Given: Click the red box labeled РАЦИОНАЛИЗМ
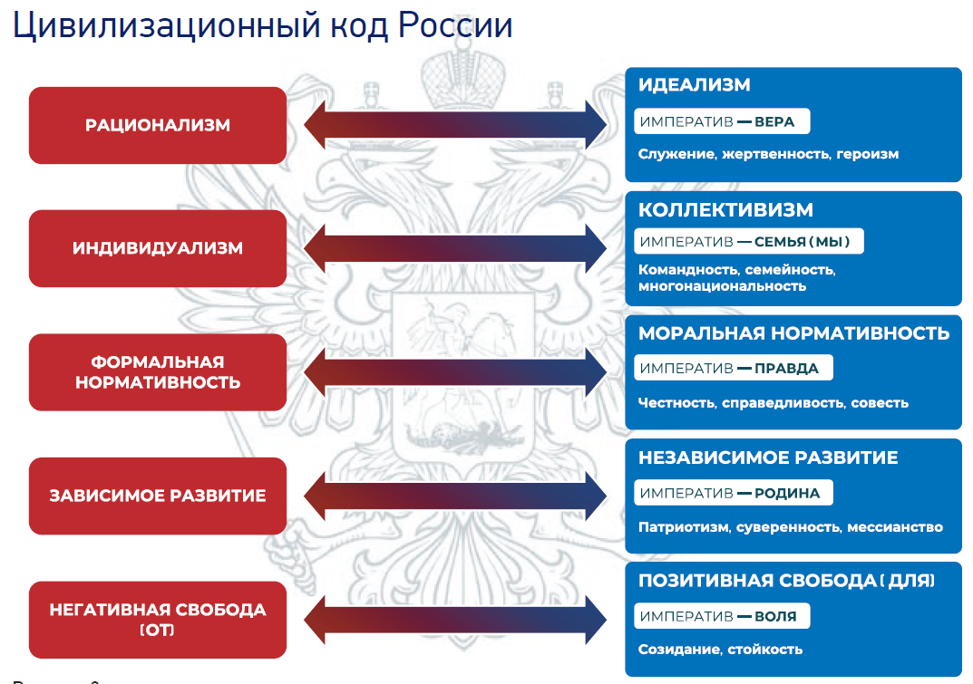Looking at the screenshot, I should click(x=158, y=125).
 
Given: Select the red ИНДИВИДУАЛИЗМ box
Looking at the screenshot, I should click(x=158, y=248).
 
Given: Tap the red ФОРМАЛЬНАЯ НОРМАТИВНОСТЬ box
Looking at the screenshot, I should click(x=158, y=372).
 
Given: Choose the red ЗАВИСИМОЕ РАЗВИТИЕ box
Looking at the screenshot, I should click(x=158, y=496).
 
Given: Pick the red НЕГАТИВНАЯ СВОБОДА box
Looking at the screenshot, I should click(x=158, y=619).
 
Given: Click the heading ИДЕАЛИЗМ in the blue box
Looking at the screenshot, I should click(x=694, y=85).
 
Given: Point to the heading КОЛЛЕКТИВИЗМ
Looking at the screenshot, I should click(x=725, y=209).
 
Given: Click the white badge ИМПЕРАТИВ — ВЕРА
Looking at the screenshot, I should click(x=721, y=121).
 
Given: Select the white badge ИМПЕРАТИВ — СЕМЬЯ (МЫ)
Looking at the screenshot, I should click(x=747, y=242).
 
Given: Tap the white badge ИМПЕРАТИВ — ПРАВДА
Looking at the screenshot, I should click(x=732, y=368).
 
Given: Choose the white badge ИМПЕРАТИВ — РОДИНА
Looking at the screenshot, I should click(x=732, y=493).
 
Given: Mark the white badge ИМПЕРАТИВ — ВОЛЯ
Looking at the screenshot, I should click(x=721, y=616).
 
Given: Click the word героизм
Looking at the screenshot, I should click(x=868, y=154).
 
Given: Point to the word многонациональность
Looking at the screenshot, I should click(x=722, y=286).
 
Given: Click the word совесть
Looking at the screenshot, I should click(x=880, y=402).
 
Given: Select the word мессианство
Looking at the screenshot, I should click(x=895, y=526).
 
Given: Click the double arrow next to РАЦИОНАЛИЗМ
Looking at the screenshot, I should click(x=455, y=125).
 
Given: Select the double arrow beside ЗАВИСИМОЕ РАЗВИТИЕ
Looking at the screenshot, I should click(x=455, y=496).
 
